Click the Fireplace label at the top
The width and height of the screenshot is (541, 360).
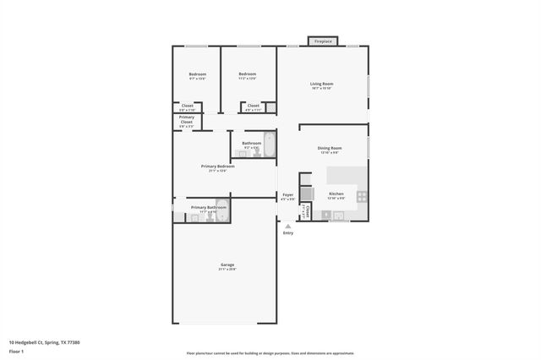[x=323, y=41]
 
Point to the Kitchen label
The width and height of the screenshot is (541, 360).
[x=336, y=194]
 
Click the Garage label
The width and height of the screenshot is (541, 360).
[x=226, y=265]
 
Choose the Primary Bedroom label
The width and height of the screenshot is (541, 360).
[x=217, y=166]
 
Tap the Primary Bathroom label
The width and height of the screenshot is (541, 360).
[x=208, y=207]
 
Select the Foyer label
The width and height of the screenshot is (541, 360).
[x=287, y=194]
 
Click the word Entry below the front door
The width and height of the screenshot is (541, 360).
[x=288, y=233]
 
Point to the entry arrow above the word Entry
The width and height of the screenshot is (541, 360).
[x=288, y=226]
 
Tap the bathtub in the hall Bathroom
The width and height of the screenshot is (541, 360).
[x=270, y=145]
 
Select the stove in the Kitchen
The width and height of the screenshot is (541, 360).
[x=362, y=195]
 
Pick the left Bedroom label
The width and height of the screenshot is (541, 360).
[x=197, y=74]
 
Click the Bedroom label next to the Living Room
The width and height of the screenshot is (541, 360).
[x=247, y=74]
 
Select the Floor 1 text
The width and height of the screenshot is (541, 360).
[x=16, y=350]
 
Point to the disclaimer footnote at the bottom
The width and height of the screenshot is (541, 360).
[x=270, y=353]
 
